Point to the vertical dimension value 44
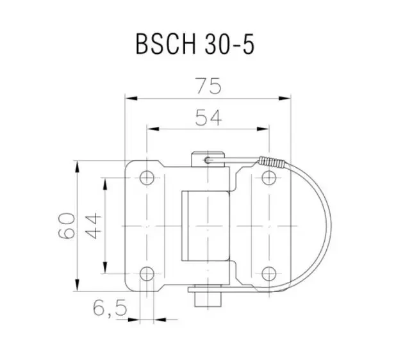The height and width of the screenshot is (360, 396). coord(94,225)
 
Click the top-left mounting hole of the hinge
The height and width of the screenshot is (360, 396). coord(147,177)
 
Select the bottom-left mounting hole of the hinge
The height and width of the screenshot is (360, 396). coord(147,274)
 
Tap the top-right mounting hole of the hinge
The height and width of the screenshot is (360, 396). coord(267,177)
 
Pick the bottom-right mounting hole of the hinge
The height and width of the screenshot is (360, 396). coord(267,274)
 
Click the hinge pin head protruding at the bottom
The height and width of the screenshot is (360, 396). coord(206,298)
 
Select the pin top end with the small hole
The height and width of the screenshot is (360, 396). coord(207,157)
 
